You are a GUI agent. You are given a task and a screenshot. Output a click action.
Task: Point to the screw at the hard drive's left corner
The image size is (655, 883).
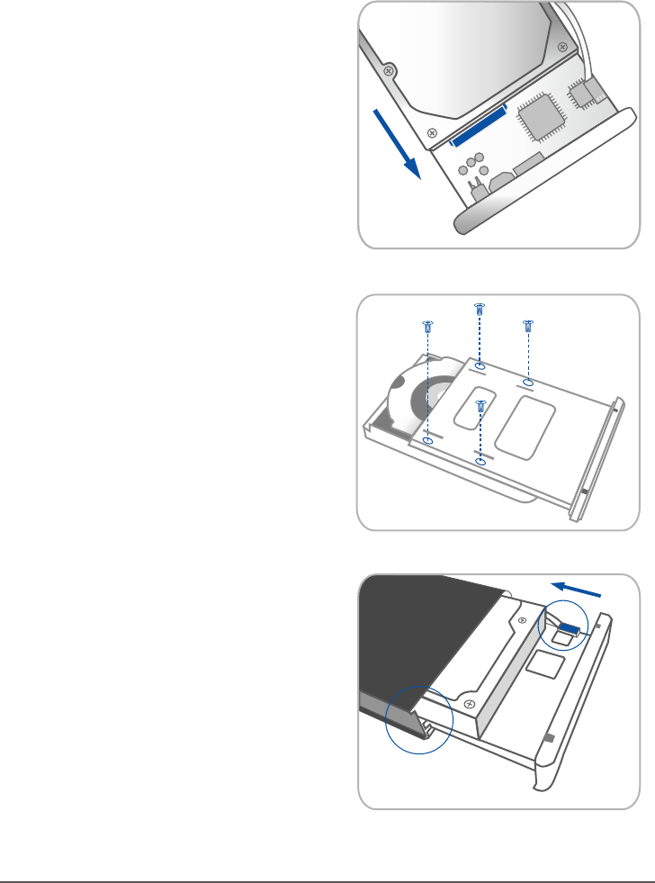click(388, 69)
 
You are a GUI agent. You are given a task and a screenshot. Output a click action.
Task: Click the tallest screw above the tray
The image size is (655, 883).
click(480, 311)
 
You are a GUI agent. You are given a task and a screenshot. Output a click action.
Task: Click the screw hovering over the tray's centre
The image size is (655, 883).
click(480, 408)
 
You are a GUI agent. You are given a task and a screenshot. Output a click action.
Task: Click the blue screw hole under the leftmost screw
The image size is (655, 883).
click(427, 442)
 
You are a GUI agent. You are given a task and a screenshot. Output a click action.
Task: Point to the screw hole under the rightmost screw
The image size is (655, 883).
click(528, 383)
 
